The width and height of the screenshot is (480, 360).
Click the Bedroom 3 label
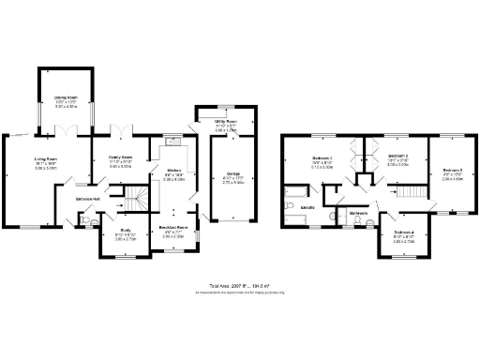pyautogui.click(x=399, y=156)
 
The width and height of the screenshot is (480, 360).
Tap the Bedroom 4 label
pyautogui.click(x=405, y=232)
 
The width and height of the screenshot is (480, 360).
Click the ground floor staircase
pyautogui.click(x=138, y=199)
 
